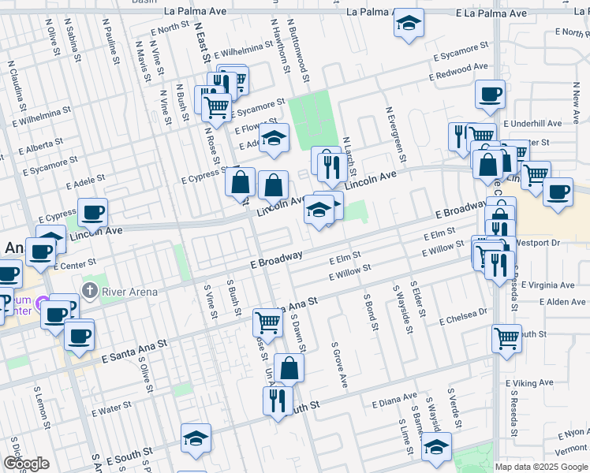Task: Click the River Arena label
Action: tap(129, 291)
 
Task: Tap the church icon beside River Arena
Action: tap(90, 291)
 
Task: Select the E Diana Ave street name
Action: tap(394, 400)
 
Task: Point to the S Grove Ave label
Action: tap(339, 364)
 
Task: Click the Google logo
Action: tap(26, 464)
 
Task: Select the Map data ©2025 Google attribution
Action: tap(541, 467)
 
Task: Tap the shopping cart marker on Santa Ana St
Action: tap(267, 322)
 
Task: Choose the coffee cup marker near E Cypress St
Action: tap(92, 211)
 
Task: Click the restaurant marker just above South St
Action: tap(277, 400)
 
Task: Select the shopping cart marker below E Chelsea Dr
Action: tap(506, 338)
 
